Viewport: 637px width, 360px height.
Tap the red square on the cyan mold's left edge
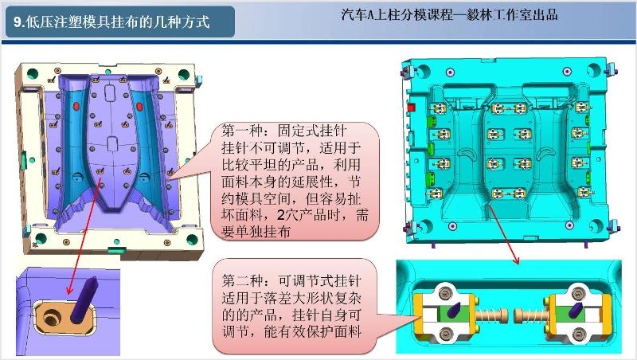[412, 108]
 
